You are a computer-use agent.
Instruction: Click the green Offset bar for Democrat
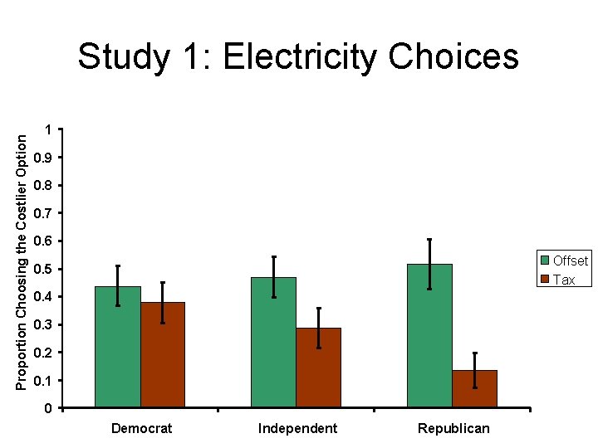click(x=118, y=347)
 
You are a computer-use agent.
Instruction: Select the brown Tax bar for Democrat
click(x=163, y=355)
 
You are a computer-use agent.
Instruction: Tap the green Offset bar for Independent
click(x=273, y=342)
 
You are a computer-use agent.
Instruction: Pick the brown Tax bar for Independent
click(x=318, y=368)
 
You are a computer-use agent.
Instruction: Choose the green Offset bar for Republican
click(x=430, y=336)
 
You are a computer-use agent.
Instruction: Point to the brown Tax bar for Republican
click(x=475, y=388)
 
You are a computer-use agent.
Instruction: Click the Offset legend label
click(x=571, y=261)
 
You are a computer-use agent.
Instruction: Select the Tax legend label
click(x=564, y=280)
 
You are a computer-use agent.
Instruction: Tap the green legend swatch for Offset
click(x=545, y=261)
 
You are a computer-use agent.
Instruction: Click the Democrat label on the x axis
click(x=141, y=429)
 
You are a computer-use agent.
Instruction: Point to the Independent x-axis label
click(x=297, y=429)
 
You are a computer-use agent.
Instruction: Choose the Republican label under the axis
click(x=453, y=429)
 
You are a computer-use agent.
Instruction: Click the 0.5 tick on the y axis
click(x=42, y=269)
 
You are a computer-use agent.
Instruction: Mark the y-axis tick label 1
click(x=48, y=130)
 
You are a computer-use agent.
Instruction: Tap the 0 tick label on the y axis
click(x=48, y=408)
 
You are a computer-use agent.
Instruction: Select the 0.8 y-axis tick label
click(x=42, y=186)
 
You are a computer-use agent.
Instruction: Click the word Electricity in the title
click(x=300, y=57)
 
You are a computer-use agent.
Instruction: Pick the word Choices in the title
click(x=453, y=56)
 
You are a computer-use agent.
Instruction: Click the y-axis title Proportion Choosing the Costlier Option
click(x=22, y=262)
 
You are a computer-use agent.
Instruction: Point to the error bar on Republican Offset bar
click(x=429, y=265)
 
